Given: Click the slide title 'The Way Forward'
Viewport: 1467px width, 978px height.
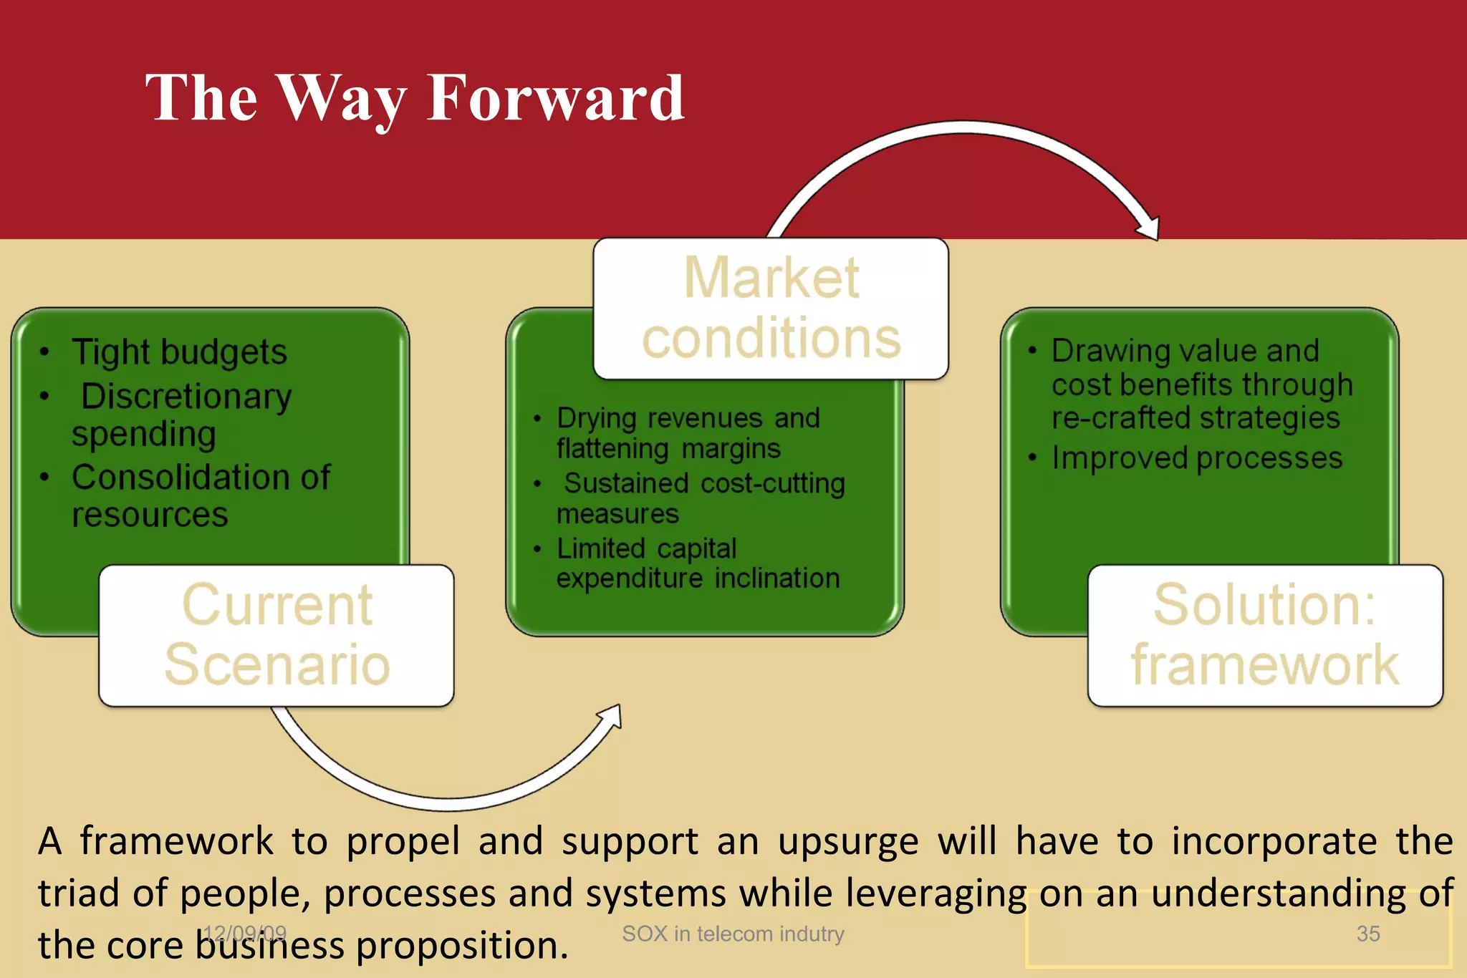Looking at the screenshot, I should click(415, 98).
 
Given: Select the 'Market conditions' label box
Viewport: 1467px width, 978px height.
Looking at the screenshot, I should click(771, 308).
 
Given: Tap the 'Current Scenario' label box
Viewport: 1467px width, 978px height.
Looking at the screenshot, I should click(276, 635).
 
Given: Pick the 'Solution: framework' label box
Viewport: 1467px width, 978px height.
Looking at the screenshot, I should click(1264, 635).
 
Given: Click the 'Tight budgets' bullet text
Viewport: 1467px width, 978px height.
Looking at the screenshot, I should click(179, 352).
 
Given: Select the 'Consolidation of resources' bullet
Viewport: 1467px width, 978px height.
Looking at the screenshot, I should click(201, 495).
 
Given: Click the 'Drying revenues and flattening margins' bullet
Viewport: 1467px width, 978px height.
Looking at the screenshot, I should click(688, 432).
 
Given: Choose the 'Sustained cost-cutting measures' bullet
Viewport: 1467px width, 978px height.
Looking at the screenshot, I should click(701, 498).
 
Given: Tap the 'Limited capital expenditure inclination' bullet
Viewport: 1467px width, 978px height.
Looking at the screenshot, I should click(698, 563).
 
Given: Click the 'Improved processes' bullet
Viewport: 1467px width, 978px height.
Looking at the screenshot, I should click(1196, 458).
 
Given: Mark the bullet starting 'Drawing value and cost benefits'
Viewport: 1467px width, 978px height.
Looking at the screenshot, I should click(1201, 384).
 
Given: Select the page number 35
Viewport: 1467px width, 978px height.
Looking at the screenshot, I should click(1367, 934).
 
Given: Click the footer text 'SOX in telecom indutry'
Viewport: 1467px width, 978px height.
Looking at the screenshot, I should click(733, 934).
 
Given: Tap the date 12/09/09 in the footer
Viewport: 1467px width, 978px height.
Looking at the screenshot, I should click(244, 934).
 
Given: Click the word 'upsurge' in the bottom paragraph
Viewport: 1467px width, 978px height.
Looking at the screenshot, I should click(848, 842).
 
